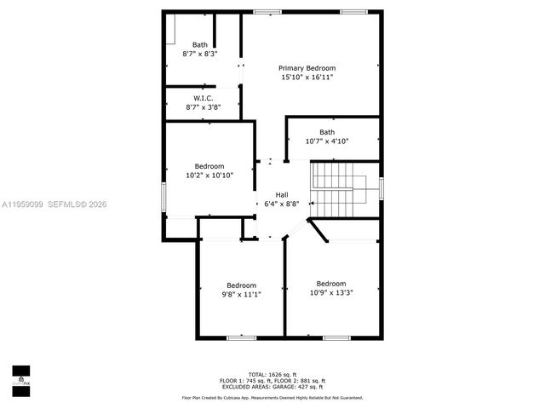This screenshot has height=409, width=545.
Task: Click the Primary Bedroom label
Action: [x=307, y=68]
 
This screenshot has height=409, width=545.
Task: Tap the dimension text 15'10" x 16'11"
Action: [x=307, y=78]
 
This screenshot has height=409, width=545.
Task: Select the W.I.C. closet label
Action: [x=203, y=98]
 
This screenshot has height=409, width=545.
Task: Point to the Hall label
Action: [x=281, y=194]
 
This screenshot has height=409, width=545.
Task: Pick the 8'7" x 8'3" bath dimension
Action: [x=200, y=54]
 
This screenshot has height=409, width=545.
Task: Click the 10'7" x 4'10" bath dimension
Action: [x=327, y=141]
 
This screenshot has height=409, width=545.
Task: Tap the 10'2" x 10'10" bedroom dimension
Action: [x=209, y=175]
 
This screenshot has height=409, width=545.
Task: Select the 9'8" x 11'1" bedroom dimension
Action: [x=241, y=294]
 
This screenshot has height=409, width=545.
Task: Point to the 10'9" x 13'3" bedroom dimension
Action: [x=331, y=292]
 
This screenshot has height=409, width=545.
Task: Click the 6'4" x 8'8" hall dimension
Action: [x=281, y=204]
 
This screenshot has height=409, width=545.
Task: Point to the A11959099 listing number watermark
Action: [x=22, y=204]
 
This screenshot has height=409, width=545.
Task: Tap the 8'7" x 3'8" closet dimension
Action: [x=203, y=107]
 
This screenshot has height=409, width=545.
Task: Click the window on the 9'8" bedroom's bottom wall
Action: [x=241, y=337]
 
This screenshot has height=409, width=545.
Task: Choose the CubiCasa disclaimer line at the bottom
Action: [x=272, y=398]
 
